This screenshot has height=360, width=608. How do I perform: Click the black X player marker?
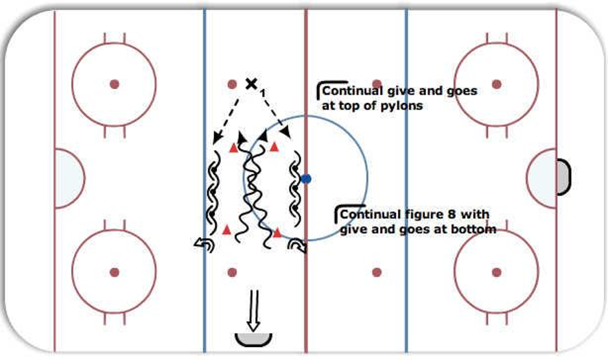tap(251, 83)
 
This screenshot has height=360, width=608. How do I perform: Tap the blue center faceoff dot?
tap(306, 179)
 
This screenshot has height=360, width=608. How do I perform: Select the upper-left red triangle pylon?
tap(233, 147)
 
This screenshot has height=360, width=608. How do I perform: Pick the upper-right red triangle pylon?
tap(274, 147)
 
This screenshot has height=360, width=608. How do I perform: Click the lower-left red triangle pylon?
tap(226, 230)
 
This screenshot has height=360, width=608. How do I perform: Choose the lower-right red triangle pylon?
tap(277, 232)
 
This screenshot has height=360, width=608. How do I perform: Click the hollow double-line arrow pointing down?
tap(254, 311)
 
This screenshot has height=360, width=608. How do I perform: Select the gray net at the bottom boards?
tap(253, 339)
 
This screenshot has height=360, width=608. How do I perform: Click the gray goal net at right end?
tap(563, 177)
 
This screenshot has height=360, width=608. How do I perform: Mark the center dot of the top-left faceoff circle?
tap(114, 84)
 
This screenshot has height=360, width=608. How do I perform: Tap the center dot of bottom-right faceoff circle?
tap(496, 272)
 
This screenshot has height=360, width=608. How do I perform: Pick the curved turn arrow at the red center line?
tap(297, 245)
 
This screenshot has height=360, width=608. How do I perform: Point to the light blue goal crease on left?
tap(69, 178)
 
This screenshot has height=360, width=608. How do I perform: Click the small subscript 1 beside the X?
tap(263, 93)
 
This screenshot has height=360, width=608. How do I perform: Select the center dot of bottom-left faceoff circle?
tap(114, 272)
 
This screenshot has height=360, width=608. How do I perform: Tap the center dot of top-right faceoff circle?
tap(496, 84)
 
